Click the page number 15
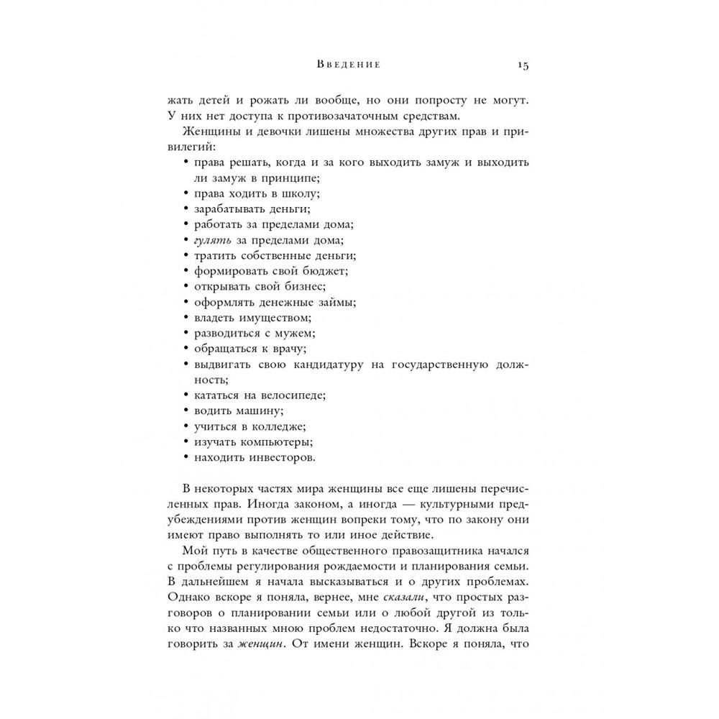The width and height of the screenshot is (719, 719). [x=523, y=65]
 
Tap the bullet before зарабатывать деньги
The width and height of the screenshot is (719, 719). [x=187, y=209]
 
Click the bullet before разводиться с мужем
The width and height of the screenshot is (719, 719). [x=187, y=333]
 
